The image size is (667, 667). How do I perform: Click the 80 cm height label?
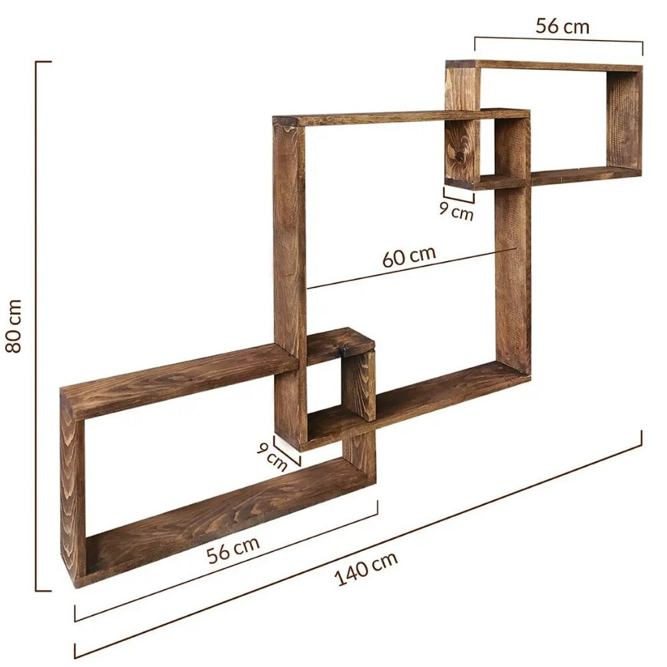pos(14,326)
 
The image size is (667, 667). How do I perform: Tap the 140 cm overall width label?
pos(366,568)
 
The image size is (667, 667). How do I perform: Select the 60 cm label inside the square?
pos(409,257)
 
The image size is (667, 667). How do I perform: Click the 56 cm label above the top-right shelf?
pos(562,27)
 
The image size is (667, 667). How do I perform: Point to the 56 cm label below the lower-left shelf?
pos(233,549)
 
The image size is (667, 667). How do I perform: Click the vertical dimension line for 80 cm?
pos(36,326)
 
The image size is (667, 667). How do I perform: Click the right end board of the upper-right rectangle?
pos(624,120)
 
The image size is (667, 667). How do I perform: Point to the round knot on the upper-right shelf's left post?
pos(460,158)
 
